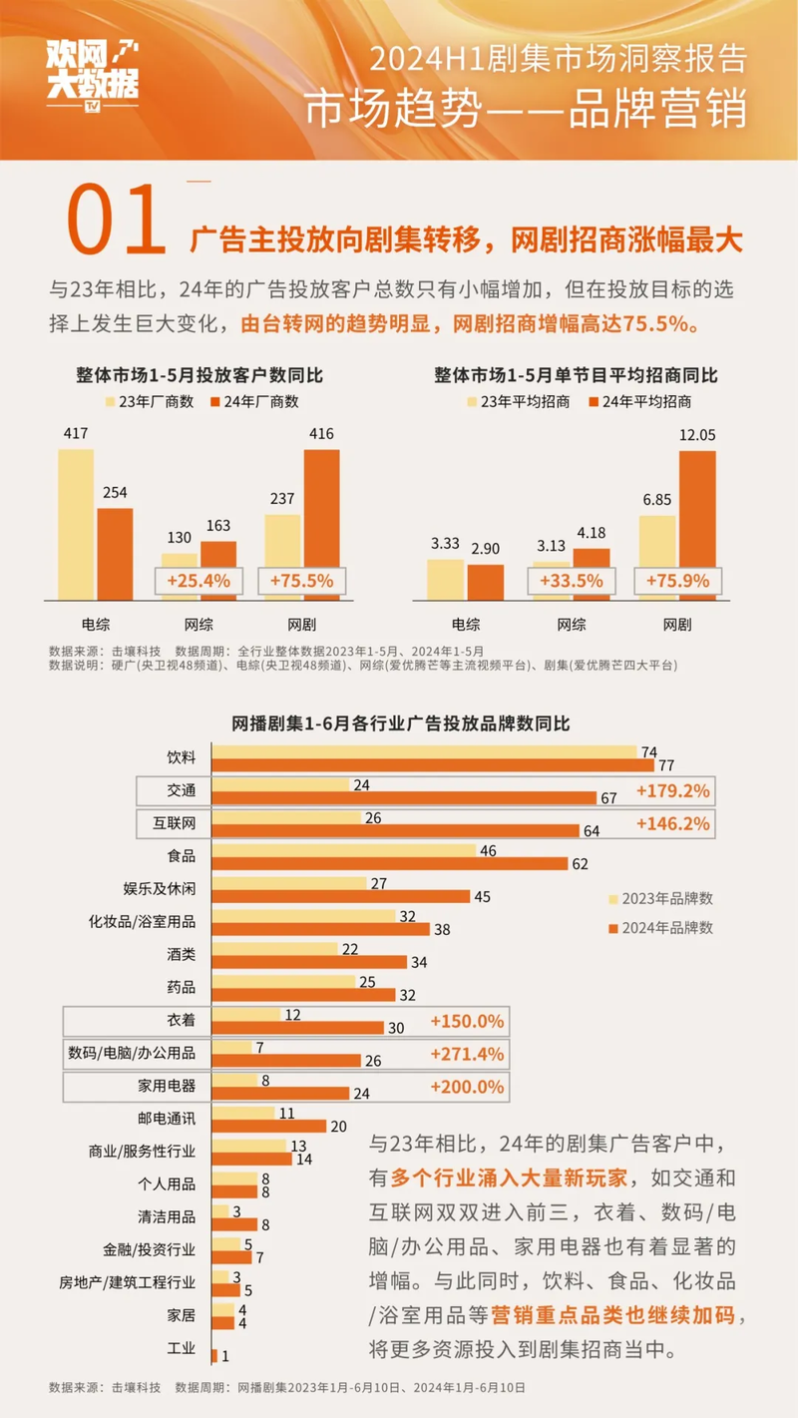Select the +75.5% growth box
[302, 581]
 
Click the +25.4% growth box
[199, 581]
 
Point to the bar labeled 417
[76, 524]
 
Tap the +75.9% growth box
[675, 581]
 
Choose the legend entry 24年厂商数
[255, 401]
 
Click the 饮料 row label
[182, 758]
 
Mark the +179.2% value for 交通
[673, 791]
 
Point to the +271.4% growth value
[466, 1054]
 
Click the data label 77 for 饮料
[666, 766]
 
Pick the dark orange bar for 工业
[214, 1355]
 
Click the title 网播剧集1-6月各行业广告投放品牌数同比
[400, 722]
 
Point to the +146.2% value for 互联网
[673, 824]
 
